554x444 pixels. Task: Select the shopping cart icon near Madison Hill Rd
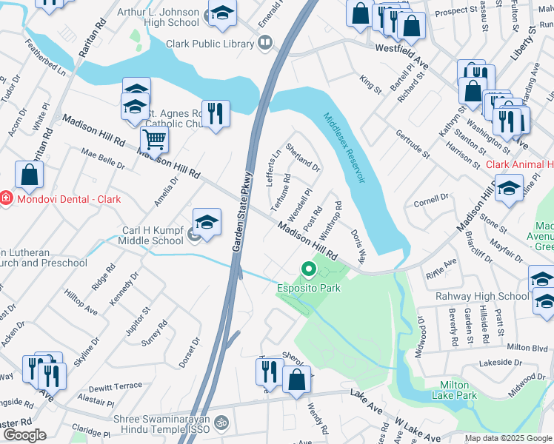[x=154, y=139]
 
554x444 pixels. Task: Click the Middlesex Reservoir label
[x=344, y=148]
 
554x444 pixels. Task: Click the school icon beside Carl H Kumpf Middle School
[x=207, y=223]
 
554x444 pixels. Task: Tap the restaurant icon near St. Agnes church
[x=216, y=114]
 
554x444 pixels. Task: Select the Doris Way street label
[x=358, y=247]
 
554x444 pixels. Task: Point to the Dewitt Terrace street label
[x=114, y=386]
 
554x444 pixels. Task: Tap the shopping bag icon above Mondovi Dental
[x=30, y=175]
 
